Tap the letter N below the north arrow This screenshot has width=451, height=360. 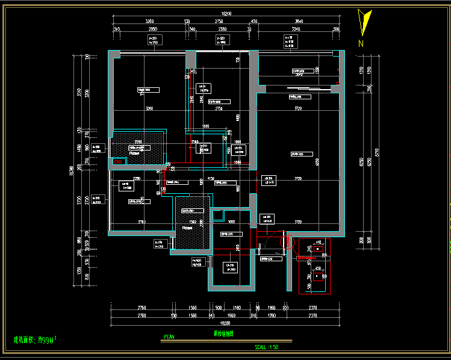(x=361, y=43)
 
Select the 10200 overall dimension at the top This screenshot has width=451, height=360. (x=226, y=13)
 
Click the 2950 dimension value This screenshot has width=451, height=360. (x=153, y=28)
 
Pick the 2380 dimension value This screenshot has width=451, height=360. (x=222, y=28)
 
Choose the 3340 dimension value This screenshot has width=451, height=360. (x=296, y=28)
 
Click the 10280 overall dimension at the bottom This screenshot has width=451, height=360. (x=226, y=322)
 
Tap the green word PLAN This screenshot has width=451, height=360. (x=169, y=337)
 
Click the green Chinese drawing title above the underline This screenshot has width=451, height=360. (x=223, y=334)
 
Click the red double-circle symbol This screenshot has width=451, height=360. (x=118, y=161)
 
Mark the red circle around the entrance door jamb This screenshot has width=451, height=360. (x=288, y=243)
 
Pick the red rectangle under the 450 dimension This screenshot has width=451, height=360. (x=317, y=276)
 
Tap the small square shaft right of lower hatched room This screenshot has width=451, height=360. (x=217, y=214)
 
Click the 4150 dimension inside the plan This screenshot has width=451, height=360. (x=211, y=179)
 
